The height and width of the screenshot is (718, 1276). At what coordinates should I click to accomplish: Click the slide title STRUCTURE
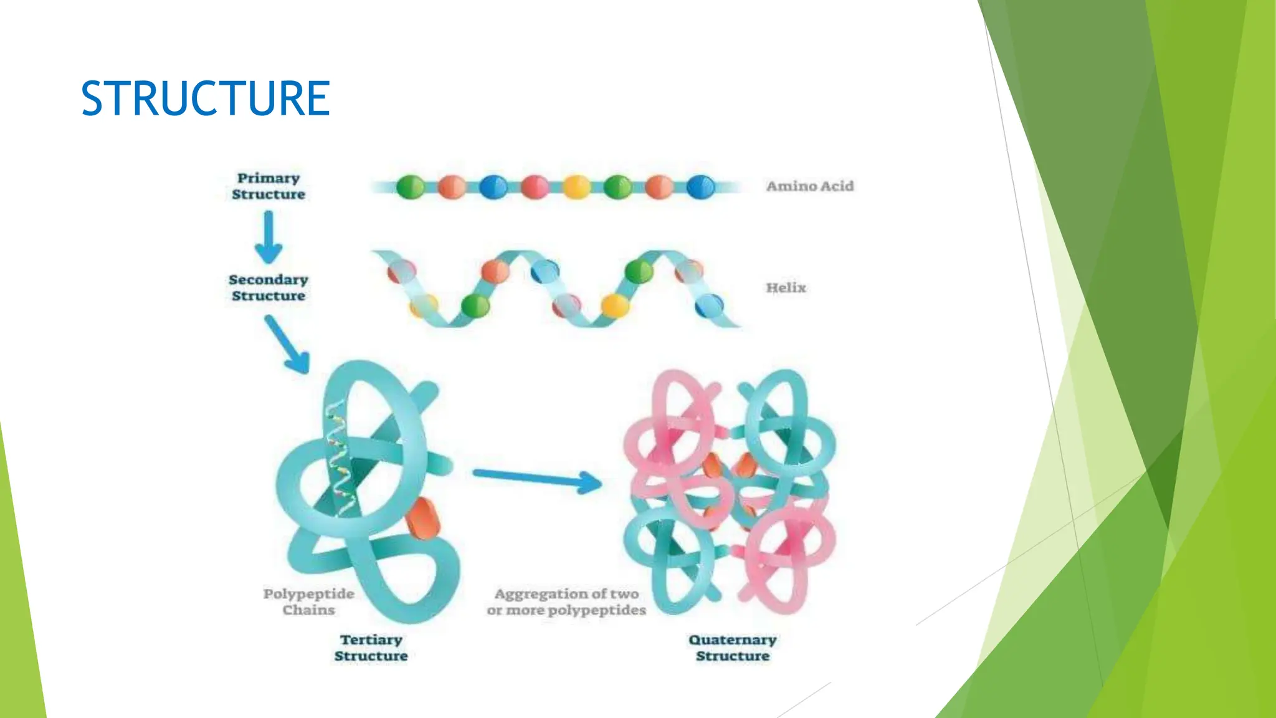[x=205, y=98]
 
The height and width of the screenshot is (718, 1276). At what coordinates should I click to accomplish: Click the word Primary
[x=269, y=178]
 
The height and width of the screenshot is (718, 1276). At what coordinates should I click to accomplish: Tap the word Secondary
[x=269, y=280]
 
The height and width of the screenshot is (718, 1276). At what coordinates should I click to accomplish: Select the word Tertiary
[x=371, y=640]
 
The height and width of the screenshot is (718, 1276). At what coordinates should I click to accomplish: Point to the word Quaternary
[x=733, y=640]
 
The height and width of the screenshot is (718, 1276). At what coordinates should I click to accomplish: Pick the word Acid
[x=839, y=186]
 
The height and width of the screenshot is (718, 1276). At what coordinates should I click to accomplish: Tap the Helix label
[x=786, y=288]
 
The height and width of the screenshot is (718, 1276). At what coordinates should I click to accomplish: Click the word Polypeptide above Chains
[x=308, y=594]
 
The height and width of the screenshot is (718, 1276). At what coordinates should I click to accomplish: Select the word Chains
[x=308, y=610]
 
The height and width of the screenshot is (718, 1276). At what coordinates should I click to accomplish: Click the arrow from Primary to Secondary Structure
[x=269, y=237]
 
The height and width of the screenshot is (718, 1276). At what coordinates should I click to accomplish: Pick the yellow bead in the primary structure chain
[x=576, y=187]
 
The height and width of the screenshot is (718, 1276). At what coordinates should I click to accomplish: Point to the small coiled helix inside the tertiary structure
[x=340, y=461]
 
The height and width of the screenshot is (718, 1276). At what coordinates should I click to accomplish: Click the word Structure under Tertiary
[x=371, y=656]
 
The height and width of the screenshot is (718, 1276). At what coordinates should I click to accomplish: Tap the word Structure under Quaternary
[x=733, y=656]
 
